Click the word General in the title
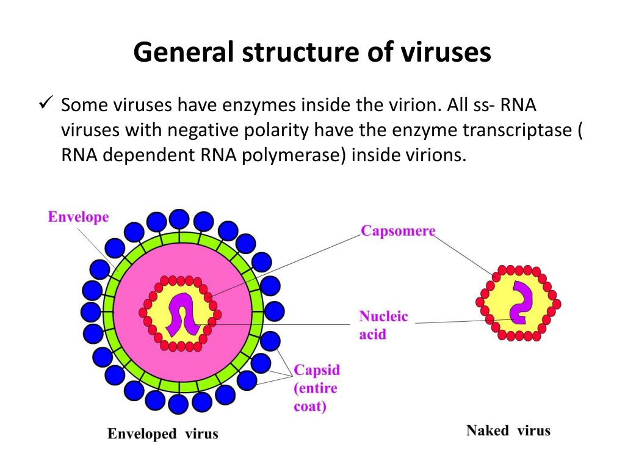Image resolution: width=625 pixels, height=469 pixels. point(183,53)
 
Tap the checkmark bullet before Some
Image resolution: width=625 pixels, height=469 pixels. point(46,103)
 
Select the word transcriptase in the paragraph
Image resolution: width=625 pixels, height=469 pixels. point(517,131)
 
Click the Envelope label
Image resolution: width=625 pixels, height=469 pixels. point(78,217)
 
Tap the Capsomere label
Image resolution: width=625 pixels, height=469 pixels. point(398,230)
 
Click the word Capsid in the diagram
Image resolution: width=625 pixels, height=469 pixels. point(317,370)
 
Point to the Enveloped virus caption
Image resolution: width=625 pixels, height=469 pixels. point(162,434)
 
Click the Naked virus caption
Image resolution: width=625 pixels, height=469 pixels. point(508,431)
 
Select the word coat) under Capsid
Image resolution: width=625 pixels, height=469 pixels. point(310,406)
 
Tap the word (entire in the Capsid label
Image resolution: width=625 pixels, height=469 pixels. point(316,388)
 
